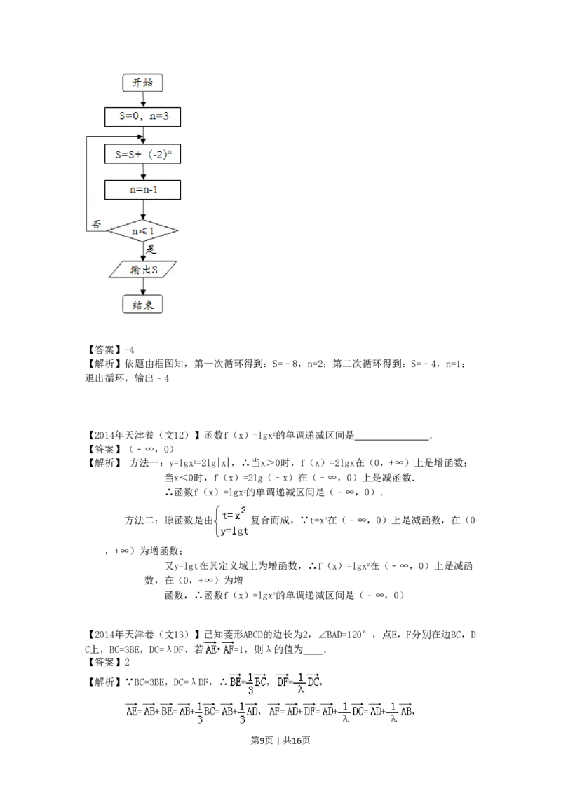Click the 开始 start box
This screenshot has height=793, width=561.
click(143, 83)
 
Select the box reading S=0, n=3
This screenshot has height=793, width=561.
click(143, 117)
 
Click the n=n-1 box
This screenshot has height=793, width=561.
click(143, 191)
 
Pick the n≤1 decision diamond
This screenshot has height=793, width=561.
click(143, 230)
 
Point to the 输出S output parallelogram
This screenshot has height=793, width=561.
click(143, 270)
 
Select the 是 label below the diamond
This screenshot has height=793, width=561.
click(150, 249)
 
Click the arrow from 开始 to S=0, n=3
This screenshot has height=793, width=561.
click(143, 99)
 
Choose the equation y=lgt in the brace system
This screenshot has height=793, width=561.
click(235, 530)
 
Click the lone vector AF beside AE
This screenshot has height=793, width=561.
click(228, 649)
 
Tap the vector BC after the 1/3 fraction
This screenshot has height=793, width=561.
click(260, 680)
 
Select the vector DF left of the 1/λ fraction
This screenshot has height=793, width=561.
click(283, 680)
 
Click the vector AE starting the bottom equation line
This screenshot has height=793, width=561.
click(131, 710)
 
